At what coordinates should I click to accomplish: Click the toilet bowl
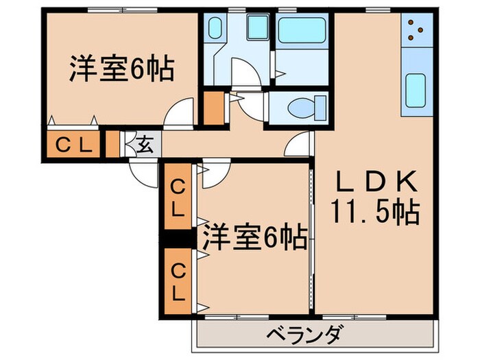300,108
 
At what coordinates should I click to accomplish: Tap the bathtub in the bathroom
301,30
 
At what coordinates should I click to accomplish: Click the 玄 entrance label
145,145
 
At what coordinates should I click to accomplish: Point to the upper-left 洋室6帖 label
120,69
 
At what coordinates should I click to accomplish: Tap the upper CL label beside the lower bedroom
178,197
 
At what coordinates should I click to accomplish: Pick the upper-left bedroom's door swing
182,112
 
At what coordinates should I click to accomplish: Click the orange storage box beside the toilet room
215,107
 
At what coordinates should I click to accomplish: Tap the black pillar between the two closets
178,239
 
